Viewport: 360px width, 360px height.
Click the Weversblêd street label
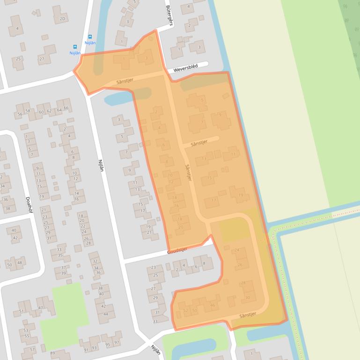coord(185,68)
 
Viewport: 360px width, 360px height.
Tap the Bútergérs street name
coord(169,15)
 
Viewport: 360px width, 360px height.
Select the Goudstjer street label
coord(177,251)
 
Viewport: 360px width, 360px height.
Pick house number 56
coord(20,114)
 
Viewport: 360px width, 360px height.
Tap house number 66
coord(66,108)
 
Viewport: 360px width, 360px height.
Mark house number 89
coord(52,353)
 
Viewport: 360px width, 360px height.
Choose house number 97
coord(117,343)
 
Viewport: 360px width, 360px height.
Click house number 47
coord(41,308)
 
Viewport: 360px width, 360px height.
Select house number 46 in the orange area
coord(213,305)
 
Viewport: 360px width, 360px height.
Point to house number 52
coord(185,310)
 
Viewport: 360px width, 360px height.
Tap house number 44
coord(105,314)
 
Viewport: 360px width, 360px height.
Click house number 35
coord(60,255)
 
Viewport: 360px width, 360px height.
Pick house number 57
coord(32,349)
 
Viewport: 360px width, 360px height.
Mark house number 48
coord(19,263)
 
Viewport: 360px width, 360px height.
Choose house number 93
coord(94,348)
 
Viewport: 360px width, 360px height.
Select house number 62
coord(50,111)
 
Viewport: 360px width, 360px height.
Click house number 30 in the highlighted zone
coord(248,297)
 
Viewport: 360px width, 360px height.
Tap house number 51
coord(21,311)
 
